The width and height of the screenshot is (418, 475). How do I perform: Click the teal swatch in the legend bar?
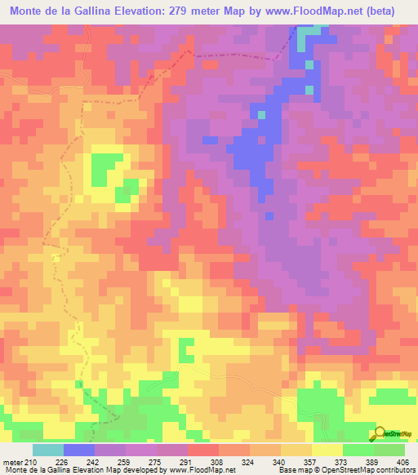point(47,451)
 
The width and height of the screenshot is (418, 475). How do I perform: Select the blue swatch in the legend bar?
point(78,451)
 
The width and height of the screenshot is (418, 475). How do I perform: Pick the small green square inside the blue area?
point(261,114)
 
